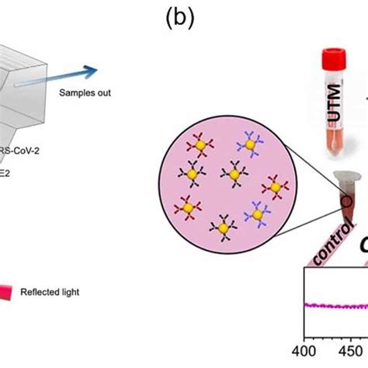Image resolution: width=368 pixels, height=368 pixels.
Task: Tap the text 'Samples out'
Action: tap(85, 93)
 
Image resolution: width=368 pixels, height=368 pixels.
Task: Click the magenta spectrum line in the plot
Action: tap(334, 305)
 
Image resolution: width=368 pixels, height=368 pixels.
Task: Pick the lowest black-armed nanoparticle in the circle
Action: tap(223, 227)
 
